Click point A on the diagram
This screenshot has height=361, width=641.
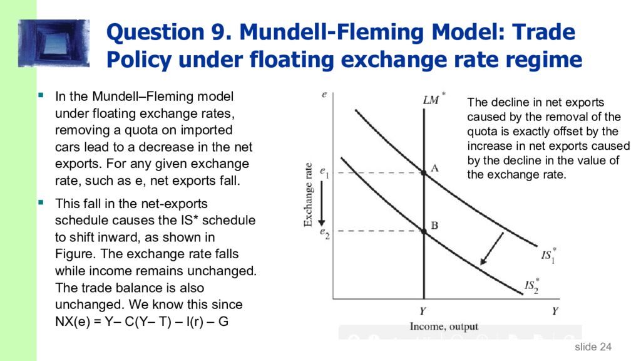(x=424, y=172)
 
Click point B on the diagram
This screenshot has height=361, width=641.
(x=424, y=231)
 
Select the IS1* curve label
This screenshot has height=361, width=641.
(x=548, y=256)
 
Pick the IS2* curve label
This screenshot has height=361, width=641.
(x=531, y=286)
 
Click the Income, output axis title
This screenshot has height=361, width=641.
(x=444, y=327)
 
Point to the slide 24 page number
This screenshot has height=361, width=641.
(x=593, y=347)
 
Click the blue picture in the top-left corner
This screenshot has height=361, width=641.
(x=54, y=43)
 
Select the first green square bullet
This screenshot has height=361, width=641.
(x=41, y=97)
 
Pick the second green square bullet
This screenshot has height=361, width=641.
(x=41, y=204)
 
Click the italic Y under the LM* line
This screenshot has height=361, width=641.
(x=424, y=310)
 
